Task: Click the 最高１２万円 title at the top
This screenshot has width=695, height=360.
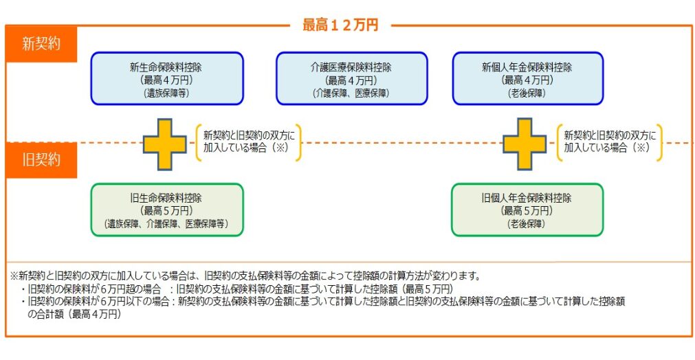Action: (x=340, y=25)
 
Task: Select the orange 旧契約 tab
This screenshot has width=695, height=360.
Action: (x=41, y=160)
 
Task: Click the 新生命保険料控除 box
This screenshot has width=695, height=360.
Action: (x=167, y=78)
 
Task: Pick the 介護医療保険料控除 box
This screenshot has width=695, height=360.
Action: (x=351, y=78)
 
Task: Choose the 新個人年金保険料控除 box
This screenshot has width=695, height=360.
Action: (x=527, y=78)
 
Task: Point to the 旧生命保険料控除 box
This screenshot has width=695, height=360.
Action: (x=167, y=210)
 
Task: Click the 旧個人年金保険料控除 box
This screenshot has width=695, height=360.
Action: (x=527, y=210)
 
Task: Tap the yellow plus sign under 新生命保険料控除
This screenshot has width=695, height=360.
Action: (x=165, y=144)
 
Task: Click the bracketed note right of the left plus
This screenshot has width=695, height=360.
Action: (x=250, y=142)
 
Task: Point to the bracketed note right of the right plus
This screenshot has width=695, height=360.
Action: (x=610, y=142)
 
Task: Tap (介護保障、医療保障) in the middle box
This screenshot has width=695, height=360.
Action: (x=351, y=93)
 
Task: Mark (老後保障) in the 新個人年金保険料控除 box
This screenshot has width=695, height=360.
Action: (x=527, y=93)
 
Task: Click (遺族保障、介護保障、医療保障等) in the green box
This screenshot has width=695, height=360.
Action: (x=166, y=224)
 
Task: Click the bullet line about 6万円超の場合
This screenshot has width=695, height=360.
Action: (x=237, y=289)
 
